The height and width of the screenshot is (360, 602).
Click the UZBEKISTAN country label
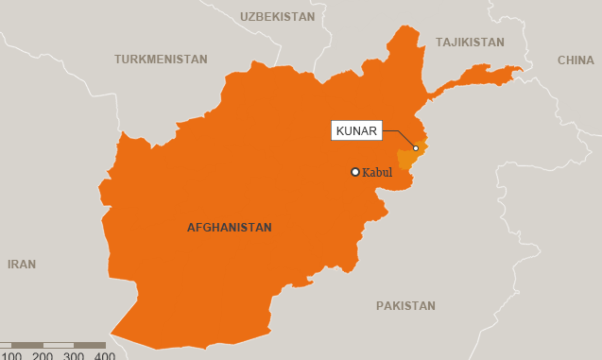[x=277, y=17]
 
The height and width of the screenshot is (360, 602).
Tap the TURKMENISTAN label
[x=161, y=60]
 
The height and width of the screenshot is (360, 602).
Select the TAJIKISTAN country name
[x=470, y=43]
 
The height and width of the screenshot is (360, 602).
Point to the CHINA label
[x=576, y=60]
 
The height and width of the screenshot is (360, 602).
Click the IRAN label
[x=22, y=265]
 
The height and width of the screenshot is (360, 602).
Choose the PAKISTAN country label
[x=405, y=306]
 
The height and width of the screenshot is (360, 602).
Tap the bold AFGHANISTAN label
[x=229, y=228]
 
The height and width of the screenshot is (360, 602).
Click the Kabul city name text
[x=377, y=173]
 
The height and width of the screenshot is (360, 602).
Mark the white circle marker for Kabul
[x=355, y=172]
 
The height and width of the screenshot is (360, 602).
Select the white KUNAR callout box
[x=356, y=131]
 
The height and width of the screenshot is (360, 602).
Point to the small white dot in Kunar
[x=416, y=148]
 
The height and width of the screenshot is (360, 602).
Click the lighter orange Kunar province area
[x=407, y=158]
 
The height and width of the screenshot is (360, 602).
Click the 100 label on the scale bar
[x=10, y=356]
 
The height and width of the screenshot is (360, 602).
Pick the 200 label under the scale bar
[x=43, y=356]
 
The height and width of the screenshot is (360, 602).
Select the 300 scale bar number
[x=74, y=356]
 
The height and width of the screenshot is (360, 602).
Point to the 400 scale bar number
[x=104, y=356]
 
